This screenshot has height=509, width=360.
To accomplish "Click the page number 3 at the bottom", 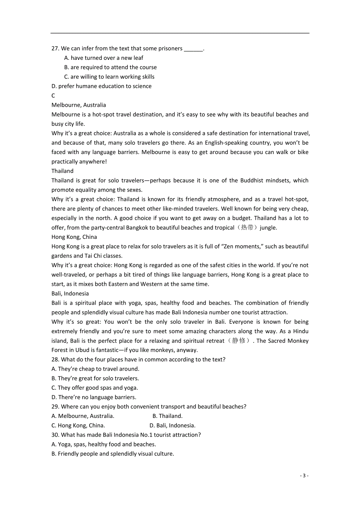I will click(x=304, y=476).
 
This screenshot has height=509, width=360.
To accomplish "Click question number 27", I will click(x=55, y=48).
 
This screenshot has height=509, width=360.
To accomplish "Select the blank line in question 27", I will click(x=193, y=49).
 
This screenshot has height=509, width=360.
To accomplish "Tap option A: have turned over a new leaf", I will click(x=104, y=58).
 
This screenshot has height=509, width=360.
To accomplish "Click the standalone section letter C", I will click(x=53, y=96).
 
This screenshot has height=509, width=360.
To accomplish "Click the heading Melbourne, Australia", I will click(x=79, y=105).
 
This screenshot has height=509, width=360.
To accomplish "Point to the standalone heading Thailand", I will click(x=62, y=171).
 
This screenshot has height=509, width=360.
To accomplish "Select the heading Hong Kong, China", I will click(x=74, y=237).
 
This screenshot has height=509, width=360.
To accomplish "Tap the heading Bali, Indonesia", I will click(x=70, y=294).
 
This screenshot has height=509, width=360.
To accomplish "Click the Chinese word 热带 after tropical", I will click(x=247, y=228).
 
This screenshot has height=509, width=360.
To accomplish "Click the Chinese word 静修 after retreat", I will click(x=239, y=341).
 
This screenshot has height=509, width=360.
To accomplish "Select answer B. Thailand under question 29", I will click(x=167, y=416).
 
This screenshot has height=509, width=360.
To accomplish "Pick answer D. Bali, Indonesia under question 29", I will click(x=172, y=425).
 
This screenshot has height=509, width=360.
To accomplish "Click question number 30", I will click(x=55, y=435).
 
